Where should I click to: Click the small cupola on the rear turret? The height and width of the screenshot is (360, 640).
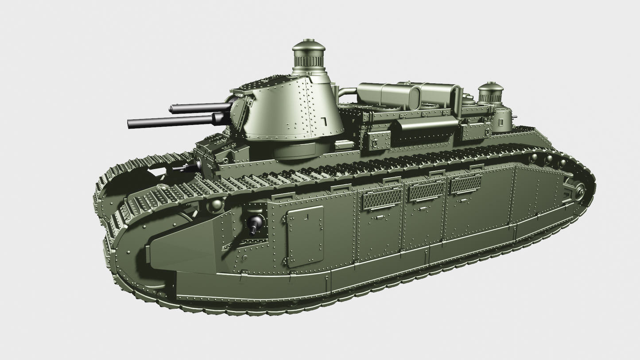coord(490,93)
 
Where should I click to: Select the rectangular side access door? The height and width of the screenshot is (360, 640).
coord(305,236)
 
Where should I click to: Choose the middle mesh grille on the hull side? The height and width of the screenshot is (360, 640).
coord(426,191)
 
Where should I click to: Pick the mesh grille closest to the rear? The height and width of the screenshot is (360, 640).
coord(465,184)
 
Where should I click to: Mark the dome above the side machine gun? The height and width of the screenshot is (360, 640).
coord(216,205)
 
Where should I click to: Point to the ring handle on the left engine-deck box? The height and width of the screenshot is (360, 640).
coord(375,143)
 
